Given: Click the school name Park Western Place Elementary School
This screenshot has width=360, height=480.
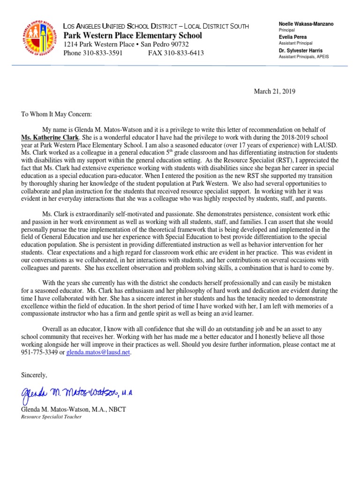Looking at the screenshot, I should pos(133,36).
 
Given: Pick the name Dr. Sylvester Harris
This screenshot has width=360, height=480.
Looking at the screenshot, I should pos(300,50).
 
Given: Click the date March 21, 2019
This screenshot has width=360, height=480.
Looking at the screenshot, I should pos(275,91).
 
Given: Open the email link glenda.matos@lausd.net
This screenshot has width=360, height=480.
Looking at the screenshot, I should pos(98,352).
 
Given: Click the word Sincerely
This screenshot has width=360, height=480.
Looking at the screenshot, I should pos(34,375).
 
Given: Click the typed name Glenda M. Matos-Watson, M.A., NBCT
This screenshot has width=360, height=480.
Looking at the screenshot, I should pos(74,409).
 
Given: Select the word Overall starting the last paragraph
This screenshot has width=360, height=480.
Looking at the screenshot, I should pos(54,330).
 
